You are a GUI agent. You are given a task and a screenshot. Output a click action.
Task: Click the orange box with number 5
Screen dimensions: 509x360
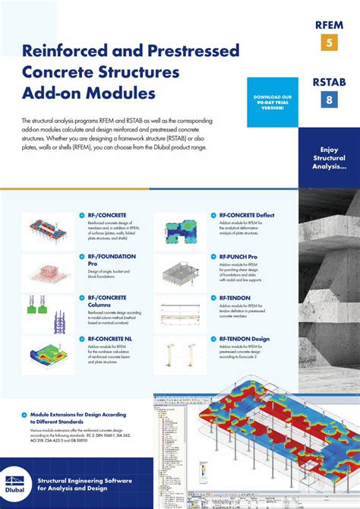(330, 43)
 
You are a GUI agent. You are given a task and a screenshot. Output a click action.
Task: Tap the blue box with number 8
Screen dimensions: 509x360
(330, 99)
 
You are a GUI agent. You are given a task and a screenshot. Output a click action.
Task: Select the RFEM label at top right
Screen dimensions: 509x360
(330, 24)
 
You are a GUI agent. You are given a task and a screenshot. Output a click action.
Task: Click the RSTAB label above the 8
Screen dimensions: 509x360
(330, 81)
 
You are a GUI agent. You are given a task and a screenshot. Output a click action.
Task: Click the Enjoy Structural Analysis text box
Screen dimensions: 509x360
(328, 157)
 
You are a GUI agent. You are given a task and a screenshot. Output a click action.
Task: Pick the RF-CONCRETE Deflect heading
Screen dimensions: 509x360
(247, 215)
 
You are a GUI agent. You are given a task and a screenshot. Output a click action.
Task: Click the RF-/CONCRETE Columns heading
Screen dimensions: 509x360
(107, 301)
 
